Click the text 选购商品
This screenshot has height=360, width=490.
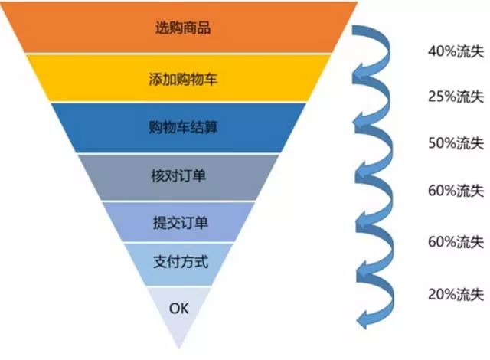click(181, 30)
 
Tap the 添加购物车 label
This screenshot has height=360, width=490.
click(181, 78)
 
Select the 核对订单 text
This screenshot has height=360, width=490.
click(181, 175)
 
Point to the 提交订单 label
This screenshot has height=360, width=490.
click(181, 223)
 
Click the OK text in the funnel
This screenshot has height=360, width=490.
click(178, 309)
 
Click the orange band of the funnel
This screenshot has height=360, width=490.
click(92, 29)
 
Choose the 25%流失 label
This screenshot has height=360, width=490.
click(455, 98)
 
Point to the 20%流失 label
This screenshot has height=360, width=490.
click(455, 292)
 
